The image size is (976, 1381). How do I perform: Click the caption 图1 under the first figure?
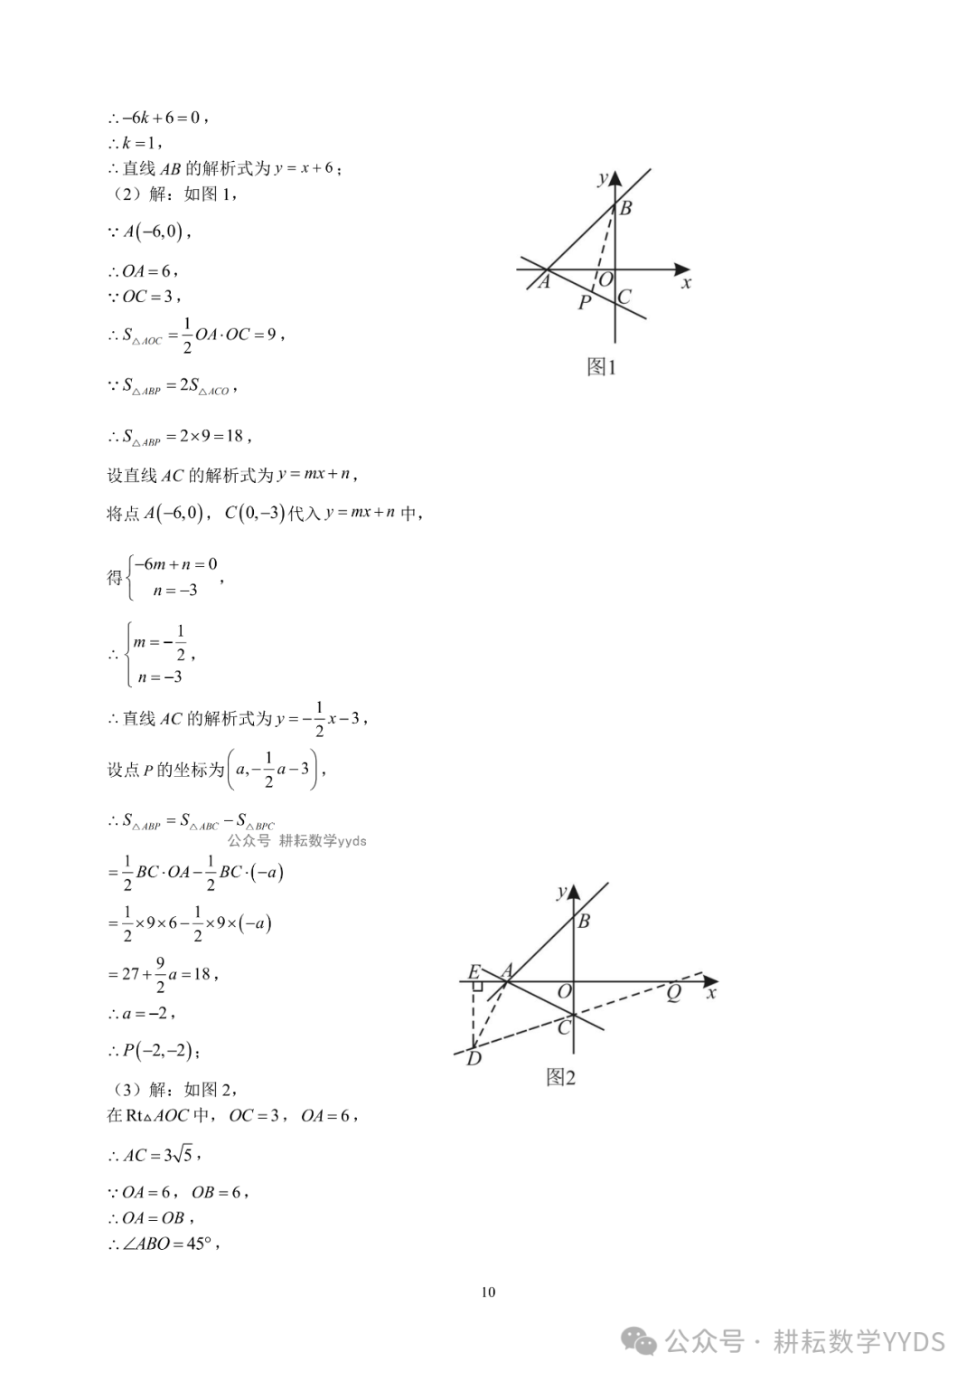(601, 366)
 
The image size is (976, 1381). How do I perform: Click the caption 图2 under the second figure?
(560, 1076)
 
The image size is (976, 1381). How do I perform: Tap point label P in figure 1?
(584, 303)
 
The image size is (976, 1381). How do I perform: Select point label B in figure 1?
(625, 208)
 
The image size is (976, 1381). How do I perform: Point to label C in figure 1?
(624, 297)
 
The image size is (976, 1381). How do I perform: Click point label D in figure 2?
(474, 1058)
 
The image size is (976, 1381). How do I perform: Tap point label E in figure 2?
(474, 972)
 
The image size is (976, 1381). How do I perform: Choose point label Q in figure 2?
(673, 993)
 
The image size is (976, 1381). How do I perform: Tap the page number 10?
(488, 1291)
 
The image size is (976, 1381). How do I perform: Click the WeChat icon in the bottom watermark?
(643, 1341)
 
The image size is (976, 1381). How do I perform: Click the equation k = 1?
(141, 143)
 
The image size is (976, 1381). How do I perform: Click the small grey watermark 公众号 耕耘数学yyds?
(296, 840)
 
